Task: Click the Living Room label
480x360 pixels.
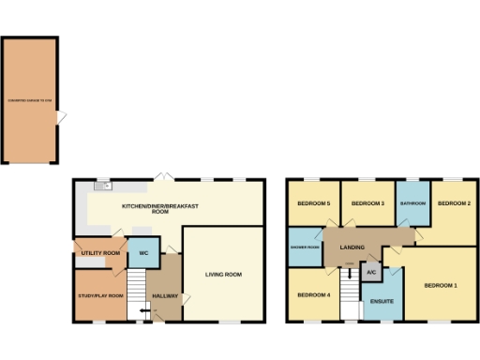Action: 224,275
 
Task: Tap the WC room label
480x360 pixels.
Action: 144,253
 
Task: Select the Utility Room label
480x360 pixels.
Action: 100,253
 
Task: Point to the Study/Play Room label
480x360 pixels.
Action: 101,295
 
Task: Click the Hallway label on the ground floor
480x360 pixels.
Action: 165,295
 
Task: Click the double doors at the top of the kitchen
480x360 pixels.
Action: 164,177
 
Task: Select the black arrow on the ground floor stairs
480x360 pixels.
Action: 143,310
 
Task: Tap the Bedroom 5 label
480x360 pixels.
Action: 314,203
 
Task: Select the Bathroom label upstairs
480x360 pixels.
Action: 412,203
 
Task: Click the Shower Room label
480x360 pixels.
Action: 306,247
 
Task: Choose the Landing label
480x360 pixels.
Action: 352,247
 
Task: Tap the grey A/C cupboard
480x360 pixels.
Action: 371,272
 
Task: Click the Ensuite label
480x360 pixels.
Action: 382,302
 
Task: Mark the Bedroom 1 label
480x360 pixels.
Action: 440,285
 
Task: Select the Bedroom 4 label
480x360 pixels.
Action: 314,295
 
